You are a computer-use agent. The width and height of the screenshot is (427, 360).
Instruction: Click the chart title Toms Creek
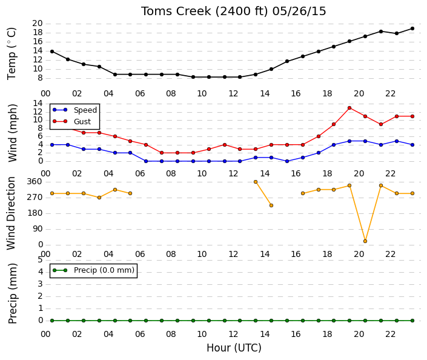click(x=176, y=12)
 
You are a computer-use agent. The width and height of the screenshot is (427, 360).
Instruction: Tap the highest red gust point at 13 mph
click(x=349, y=108)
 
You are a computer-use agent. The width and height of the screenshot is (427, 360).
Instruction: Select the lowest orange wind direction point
click(x=365, y=241)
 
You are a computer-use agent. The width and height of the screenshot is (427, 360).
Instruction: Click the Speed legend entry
click(x=75, y=110)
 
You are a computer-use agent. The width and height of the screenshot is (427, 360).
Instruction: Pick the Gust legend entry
click(x=71, y=122)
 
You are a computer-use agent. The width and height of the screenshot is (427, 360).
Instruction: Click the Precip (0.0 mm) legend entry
click(x=93, y=270)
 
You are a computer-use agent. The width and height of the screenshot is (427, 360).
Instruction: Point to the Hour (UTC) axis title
click(x=234, y=348)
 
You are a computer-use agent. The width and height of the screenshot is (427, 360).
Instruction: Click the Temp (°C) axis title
click(x=12, y=54)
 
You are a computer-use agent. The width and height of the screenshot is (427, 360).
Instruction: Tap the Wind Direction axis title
click(x=11, y=213)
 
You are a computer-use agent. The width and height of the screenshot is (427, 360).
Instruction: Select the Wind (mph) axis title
click(x=12, y=133)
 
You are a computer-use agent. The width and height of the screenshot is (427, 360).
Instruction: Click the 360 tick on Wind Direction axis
click(x=35, y=182)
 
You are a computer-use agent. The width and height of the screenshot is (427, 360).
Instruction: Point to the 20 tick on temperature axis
click(x=38, y=24)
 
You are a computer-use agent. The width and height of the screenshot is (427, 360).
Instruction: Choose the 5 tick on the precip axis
click(x=41, y=260)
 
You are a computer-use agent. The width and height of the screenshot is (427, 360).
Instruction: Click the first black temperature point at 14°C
click(x=52, y=52)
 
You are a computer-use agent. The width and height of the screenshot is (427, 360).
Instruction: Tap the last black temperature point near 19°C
click(x=412, y=28)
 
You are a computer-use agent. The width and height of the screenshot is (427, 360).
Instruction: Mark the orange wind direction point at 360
click(x=256, y=182)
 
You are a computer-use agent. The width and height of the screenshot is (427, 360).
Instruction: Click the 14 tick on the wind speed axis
click(x=38, y=103)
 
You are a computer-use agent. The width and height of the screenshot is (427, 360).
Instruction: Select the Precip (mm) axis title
click(x=12, y=293)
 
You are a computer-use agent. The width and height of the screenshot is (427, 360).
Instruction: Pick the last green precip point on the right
click(x=412, y=321)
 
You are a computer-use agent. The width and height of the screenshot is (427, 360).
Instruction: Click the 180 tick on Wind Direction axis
click(x=35, y=213)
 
